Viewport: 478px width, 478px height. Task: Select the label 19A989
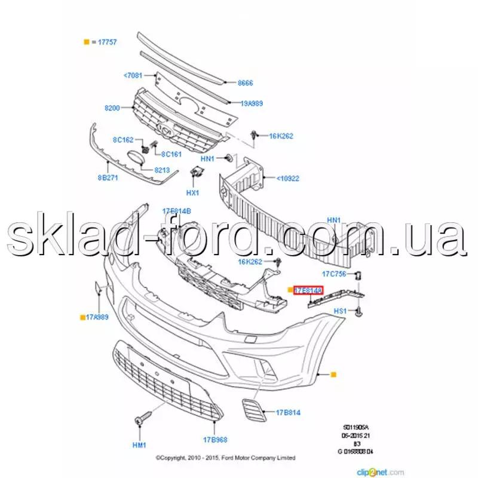(x=252, y=103)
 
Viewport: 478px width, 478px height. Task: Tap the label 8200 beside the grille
(x=113, y=108)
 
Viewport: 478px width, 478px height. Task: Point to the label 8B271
(x=108, y=177)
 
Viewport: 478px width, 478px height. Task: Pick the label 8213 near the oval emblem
(x=163, y=170)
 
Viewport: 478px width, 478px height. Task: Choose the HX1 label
(x=192, y=193)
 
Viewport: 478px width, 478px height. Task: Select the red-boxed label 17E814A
(x=308, y=290)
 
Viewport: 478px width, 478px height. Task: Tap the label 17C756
(x=335, y=274)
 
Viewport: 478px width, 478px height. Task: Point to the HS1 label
(x=340, y=311)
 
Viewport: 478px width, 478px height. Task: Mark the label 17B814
(x=287, y=412)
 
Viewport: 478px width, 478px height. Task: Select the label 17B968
(x=215, y=440)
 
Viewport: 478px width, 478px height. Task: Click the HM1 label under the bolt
(x=139, y=445)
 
